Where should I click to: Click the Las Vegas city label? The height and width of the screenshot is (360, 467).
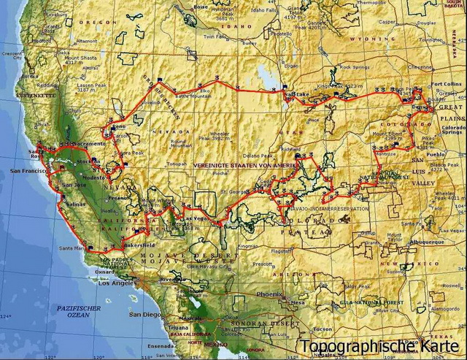(x=196, y=218)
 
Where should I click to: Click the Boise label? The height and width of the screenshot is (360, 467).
(x=201, y=7)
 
